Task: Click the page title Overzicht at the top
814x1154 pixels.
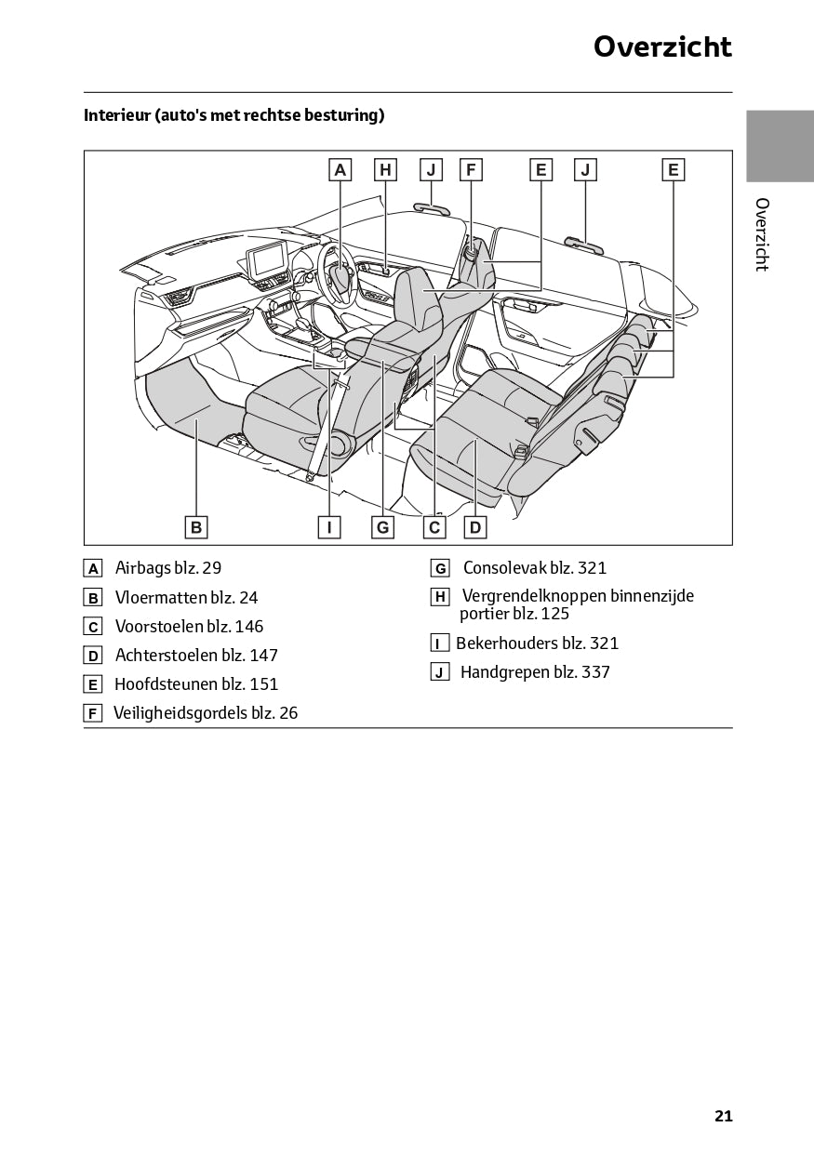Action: click(662, 46)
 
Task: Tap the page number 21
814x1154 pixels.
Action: click(723, 1116)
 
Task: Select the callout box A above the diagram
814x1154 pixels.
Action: click(340, 169)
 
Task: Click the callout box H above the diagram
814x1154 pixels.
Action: click(385, 169)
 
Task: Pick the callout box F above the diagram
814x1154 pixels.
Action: click(471, 169)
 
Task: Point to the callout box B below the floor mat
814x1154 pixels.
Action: click(196, 527)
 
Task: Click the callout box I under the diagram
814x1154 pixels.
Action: click(328, 527)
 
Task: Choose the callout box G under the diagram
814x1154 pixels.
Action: click(382, 527)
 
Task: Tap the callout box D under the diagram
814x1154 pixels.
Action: click(474, 527)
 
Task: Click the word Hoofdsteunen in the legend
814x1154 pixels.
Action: click(166, 684)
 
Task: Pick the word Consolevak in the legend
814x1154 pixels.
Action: click(503, 568)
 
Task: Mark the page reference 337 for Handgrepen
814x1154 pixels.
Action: click(595, 672)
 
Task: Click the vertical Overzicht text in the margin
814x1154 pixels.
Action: click(762, 234)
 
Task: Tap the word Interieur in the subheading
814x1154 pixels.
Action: click(117, 115)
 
